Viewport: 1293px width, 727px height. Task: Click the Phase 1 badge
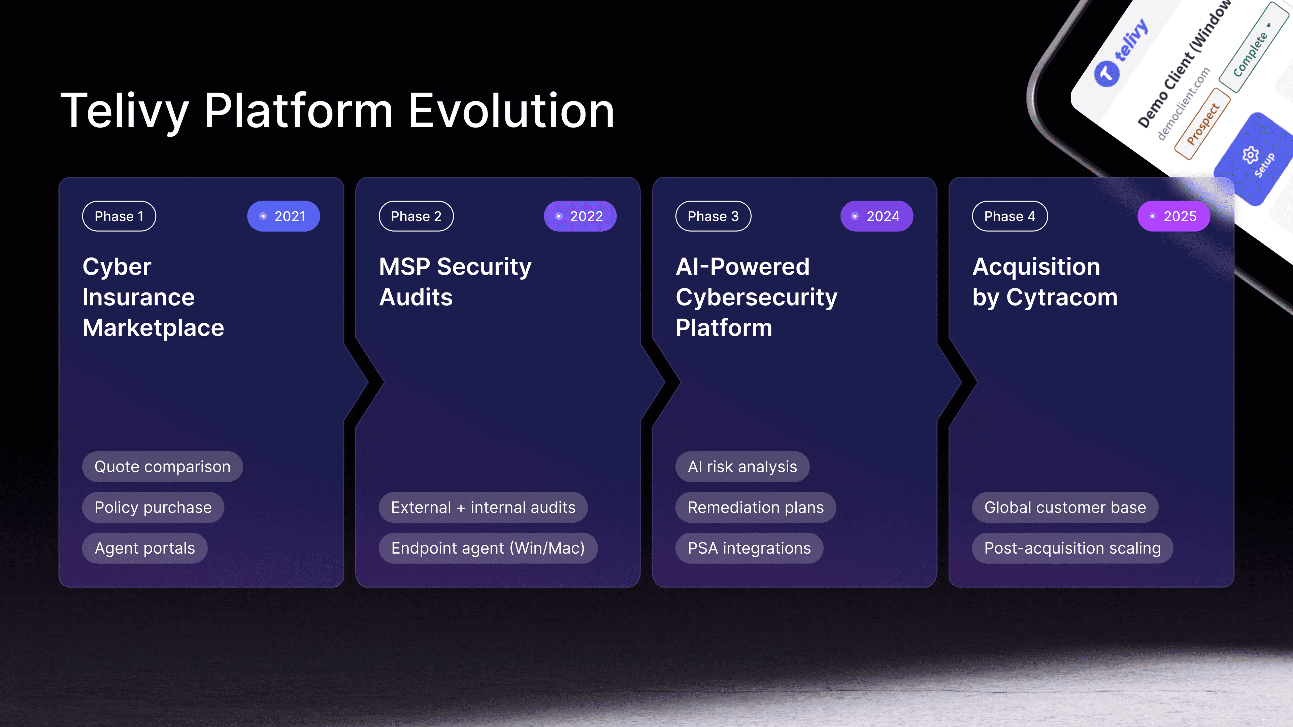(x=119, y=216)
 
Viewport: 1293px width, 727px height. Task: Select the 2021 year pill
(x=284, y=216)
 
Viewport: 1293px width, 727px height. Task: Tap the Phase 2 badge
(x=416, y=216)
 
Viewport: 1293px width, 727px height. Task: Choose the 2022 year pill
(x=580, y=216)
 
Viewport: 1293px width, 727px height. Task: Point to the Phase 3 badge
(x=713, y=216)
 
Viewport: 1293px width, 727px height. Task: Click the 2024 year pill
(x=877, y=216)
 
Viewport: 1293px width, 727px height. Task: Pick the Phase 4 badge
(x=1010, y=216)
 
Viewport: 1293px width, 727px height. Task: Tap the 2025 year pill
(x=1173, y=216)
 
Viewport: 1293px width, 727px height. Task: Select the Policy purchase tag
(x=153, y=507)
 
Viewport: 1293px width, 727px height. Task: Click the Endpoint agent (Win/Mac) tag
(x=488, y=548)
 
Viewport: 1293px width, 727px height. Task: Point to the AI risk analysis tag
(x=742, y=466)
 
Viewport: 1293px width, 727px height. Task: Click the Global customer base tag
(x=1065, y=507)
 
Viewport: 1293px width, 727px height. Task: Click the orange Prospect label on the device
(x=1203, y=124)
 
